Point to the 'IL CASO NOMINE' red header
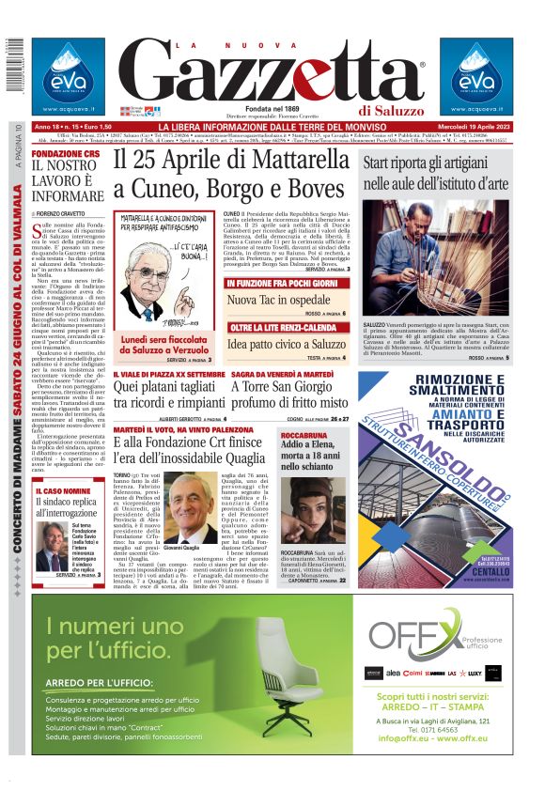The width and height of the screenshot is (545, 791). [64, 491]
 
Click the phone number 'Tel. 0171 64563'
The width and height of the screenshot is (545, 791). [439, 728]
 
